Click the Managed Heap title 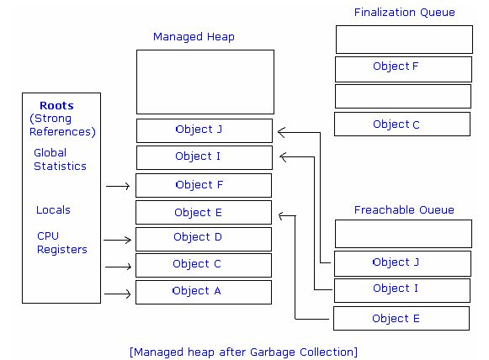click(x=194, y=37)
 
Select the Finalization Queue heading click(x=405, y=12)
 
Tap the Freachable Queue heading click(x=404, y=209)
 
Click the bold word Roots click(x=56, y=105)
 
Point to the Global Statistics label click(x=60, y=159)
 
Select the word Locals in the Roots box click(x=53, y=209)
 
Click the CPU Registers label click(x=61, y=242)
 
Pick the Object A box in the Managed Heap click(x=204, y=293)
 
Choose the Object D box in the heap click(x=204, y=239)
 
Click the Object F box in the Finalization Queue click(x=403, y=69)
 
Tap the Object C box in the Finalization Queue click(x=402, y=124)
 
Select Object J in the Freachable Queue click(x=402, y=263)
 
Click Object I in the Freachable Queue click(x=402, y=290)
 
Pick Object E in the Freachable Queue click(x=401, y=318)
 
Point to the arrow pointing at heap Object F click(x=118, y=186)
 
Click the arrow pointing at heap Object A click(x=117, y=294)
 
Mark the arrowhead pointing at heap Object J click(x=280, y=132)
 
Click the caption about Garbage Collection click(x=243, y=352)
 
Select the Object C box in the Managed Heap click(x=204, y=265)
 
